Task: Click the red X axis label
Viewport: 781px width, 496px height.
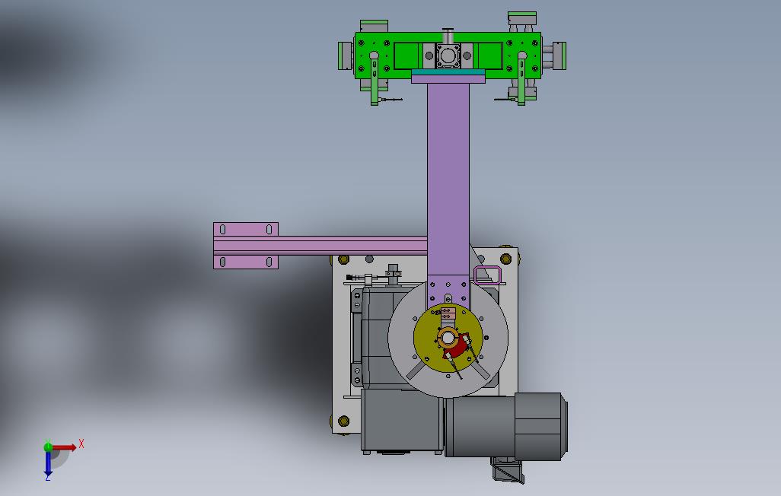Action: click(x=81, y=444)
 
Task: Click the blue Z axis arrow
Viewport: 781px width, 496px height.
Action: click(x=48, y=463)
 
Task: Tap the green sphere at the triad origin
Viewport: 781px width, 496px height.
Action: click(x=48, y=447)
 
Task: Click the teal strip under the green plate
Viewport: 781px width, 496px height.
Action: click(x=448, y=72)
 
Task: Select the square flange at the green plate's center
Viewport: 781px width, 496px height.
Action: click(x=448, y=56)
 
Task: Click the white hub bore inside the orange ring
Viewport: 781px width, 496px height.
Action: click(x=448, y=339)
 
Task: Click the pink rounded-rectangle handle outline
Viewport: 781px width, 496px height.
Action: click(x=487, y=275)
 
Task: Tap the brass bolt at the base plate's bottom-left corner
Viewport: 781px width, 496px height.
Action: click(x=343, y=421)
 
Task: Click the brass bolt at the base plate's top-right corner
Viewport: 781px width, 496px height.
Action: click(x=506, y=259)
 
